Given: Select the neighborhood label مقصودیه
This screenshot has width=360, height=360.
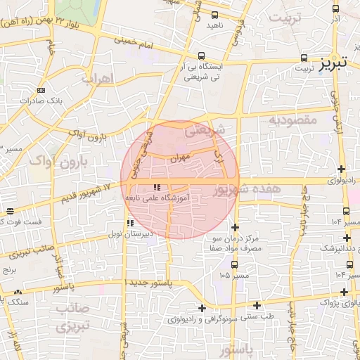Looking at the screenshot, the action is tap(294, 120).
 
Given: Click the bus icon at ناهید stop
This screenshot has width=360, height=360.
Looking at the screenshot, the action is tap(213, 13).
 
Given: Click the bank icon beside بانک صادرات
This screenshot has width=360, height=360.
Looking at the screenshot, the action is tap(41, 90).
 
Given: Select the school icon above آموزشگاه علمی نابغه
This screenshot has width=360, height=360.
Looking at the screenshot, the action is tap(156, 187).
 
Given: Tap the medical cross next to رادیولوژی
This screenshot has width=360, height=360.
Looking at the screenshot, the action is tap(342, 169).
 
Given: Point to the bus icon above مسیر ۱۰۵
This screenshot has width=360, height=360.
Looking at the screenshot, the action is tap(233, 264).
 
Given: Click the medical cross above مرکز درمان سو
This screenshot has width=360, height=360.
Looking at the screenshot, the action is tap(235, 227).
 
